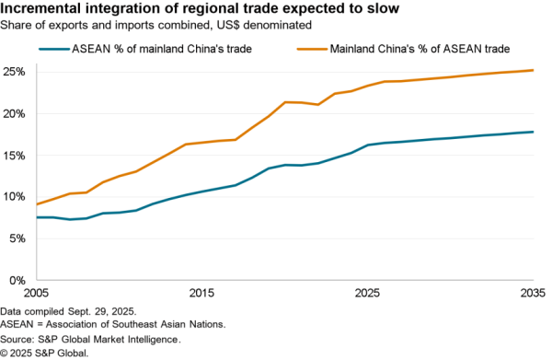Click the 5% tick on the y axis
(x=18, y=238)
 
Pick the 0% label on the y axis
(x=18, y=279)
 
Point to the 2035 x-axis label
(x=532, y=293)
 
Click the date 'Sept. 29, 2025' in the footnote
(x=108, y=313)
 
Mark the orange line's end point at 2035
(x=533, y=70)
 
